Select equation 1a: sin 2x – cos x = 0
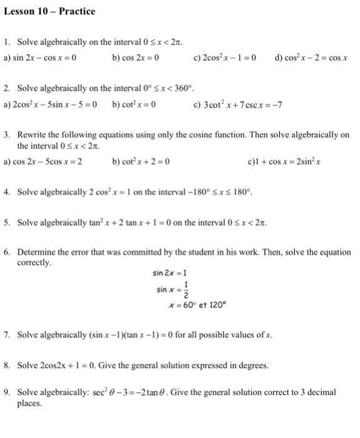click(x=40, y=58)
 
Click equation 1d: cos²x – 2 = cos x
click(x=311, y=58)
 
